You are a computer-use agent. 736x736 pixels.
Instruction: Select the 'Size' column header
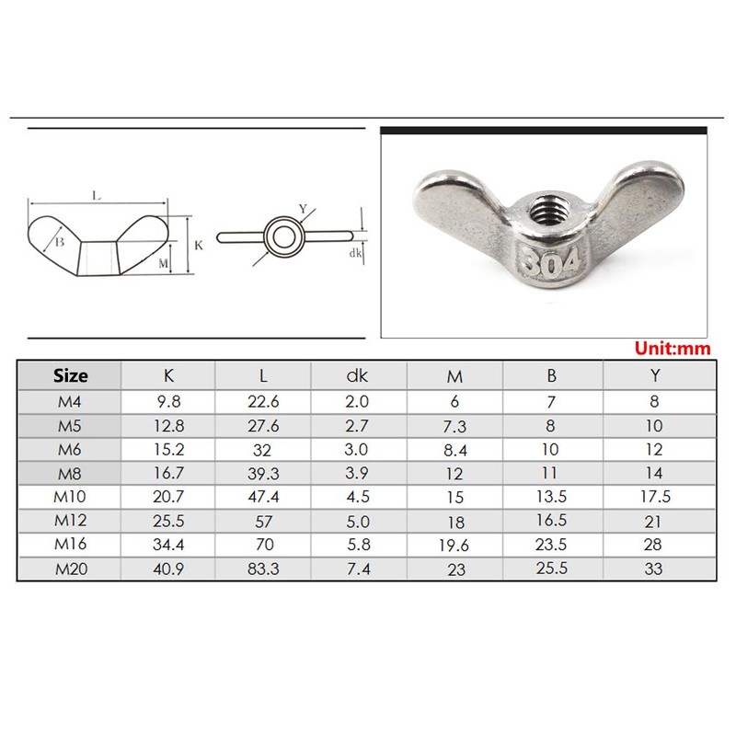[71, 375]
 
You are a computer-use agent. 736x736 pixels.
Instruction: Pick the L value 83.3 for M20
[264, 569]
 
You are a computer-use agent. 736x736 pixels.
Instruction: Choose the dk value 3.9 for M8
[360, 473]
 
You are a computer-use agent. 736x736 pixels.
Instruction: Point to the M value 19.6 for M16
[455, 546]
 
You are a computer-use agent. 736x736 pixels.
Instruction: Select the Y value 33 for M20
[654, 569]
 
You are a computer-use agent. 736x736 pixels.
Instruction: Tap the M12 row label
[71, 521]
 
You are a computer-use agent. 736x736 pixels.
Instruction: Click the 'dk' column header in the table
[360, 375]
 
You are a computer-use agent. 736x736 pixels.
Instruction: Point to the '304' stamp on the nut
[549, 260]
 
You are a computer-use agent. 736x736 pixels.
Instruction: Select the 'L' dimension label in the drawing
[97, 195]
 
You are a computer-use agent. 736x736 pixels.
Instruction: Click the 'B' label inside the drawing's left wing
[59, 242]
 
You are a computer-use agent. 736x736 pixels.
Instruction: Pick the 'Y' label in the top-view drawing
[303, 209]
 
